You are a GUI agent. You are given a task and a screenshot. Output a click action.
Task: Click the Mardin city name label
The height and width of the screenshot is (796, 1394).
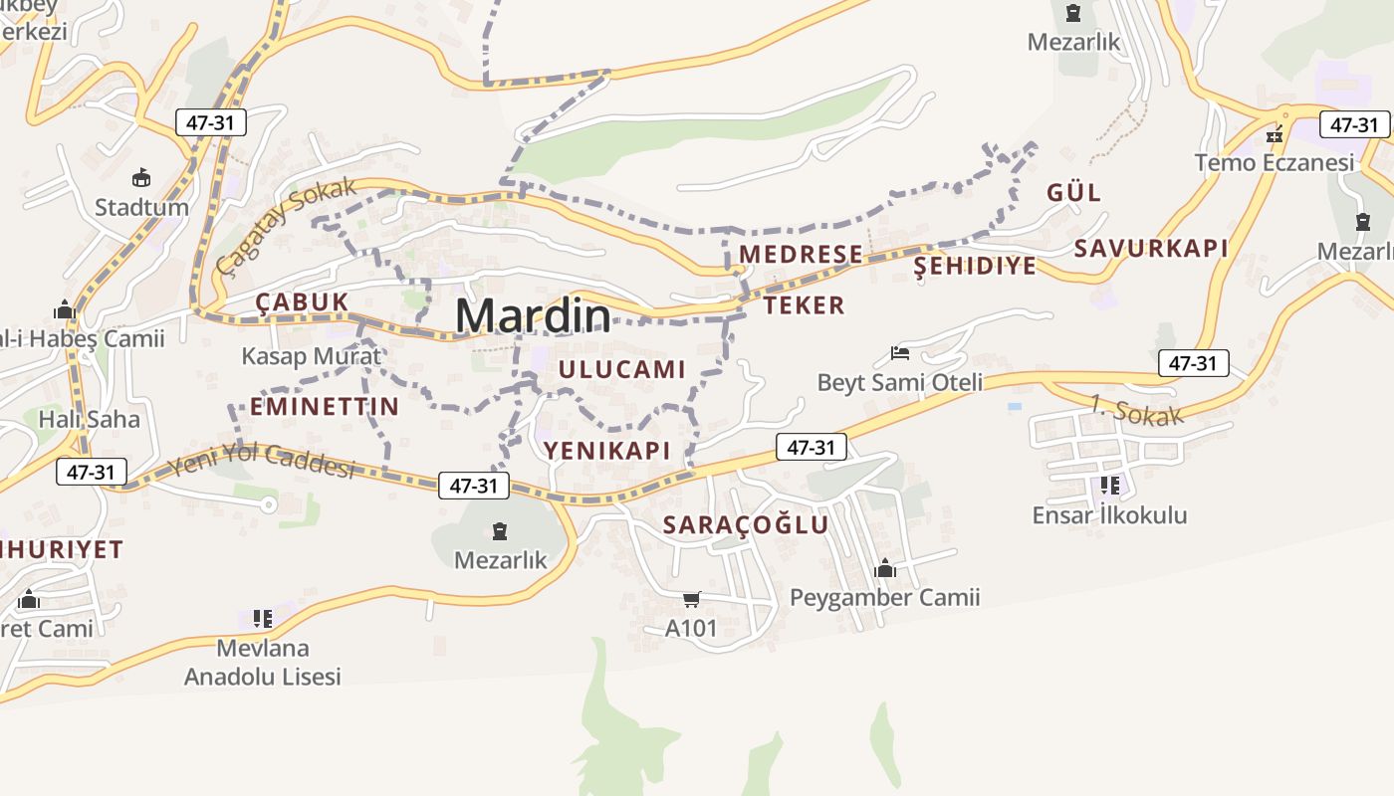[533, 316]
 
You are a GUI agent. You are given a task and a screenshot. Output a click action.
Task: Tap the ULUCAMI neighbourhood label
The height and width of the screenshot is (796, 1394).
[622, 369]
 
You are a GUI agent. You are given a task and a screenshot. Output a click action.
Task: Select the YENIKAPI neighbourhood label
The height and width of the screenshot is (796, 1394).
[606, 450]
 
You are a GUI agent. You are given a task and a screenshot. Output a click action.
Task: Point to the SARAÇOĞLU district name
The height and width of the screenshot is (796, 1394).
[746, 524]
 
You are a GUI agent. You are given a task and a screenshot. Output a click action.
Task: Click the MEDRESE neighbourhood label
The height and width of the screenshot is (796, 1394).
[801, 254]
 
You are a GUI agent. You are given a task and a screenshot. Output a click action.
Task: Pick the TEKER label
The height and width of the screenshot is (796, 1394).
[805, 305]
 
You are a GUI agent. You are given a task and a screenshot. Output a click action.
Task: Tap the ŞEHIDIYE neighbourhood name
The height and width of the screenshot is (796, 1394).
[975, 266]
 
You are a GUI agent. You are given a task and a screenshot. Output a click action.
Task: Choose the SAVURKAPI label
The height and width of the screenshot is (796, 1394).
[1150, 248]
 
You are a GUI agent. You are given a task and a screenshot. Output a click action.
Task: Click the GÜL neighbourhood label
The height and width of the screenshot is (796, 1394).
[1073, 192]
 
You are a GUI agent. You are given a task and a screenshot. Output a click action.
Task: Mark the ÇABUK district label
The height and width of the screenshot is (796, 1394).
[302, 301]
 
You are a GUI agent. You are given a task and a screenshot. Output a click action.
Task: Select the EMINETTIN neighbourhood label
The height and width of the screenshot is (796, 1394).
[324, 406]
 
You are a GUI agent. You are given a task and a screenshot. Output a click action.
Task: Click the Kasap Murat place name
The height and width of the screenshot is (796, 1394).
[311, 355]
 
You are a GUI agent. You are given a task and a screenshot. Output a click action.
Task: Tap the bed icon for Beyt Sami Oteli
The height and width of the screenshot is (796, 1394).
[900, 353]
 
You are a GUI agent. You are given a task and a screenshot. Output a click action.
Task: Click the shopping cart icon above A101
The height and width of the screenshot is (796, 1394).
[691, 599]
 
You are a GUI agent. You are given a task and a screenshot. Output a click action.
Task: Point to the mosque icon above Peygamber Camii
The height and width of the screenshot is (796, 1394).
[884, 568]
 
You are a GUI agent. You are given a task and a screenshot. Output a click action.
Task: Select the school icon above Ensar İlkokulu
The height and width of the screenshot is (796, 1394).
[1109, 486]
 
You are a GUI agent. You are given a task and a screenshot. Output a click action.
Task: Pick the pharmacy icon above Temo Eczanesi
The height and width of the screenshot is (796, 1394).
[1275, 134]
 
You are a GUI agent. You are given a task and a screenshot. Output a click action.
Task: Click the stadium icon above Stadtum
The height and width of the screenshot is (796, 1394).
[141, 178]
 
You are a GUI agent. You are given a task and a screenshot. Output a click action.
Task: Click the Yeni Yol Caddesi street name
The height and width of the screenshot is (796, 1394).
[261, 461]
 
